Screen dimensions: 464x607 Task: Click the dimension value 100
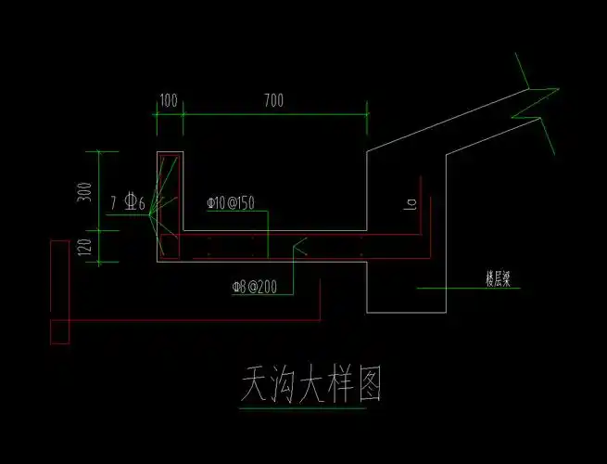(169, 99)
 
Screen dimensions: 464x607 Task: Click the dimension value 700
(272, 99)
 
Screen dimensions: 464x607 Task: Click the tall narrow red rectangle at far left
(58, 290)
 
